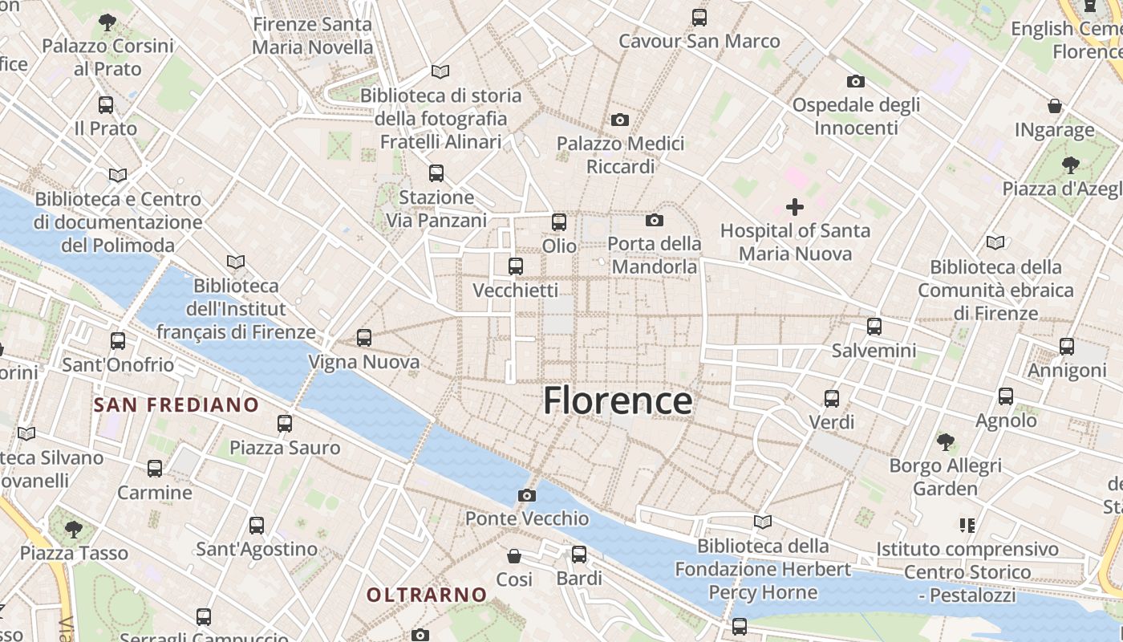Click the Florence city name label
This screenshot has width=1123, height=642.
click(618, 400)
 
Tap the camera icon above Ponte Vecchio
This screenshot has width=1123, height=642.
click(527, 495)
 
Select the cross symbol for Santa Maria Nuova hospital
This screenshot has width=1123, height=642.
click(795, 207)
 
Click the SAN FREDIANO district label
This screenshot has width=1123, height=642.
click(176, 404)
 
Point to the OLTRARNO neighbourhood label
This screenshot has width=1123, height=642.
click(427, 595)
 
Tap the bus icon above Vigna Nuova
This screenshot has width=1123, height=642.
click(364, 338)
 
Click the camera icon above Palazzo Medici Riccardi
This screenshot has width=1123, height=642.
click(620, 120)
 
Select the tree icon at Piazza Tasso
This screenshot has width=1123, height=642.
click(74, 529)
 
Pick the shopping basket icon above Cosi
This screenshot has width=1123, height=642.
click(514, 555)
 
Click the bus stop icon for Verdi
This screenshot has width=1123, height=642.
click(832, 398)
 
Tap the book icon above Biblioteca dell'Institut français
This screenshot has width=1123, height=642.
click(236, 262)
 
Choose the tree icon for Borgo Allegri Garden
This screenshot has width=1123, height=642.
click(946, 441)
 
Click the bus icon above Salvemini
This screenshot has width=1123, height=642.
click(874, 327)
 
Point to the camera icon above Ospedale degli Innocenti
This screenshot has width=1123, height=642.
click(856, 81)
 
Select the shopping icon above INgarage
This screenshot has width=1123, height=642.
click(1055, 106)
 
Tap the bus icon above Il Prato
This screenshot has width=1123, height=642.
click(106, 104)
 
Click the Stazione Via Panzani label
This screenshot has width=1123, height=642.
click(436, 209)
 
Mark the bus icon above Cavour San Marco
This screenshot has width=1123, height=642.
click(699, 17)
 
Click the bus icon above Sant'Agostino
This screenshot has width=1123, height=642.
click(257, 526)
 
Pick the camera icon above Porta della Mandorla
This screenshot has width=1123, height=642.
click(655, 220)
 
